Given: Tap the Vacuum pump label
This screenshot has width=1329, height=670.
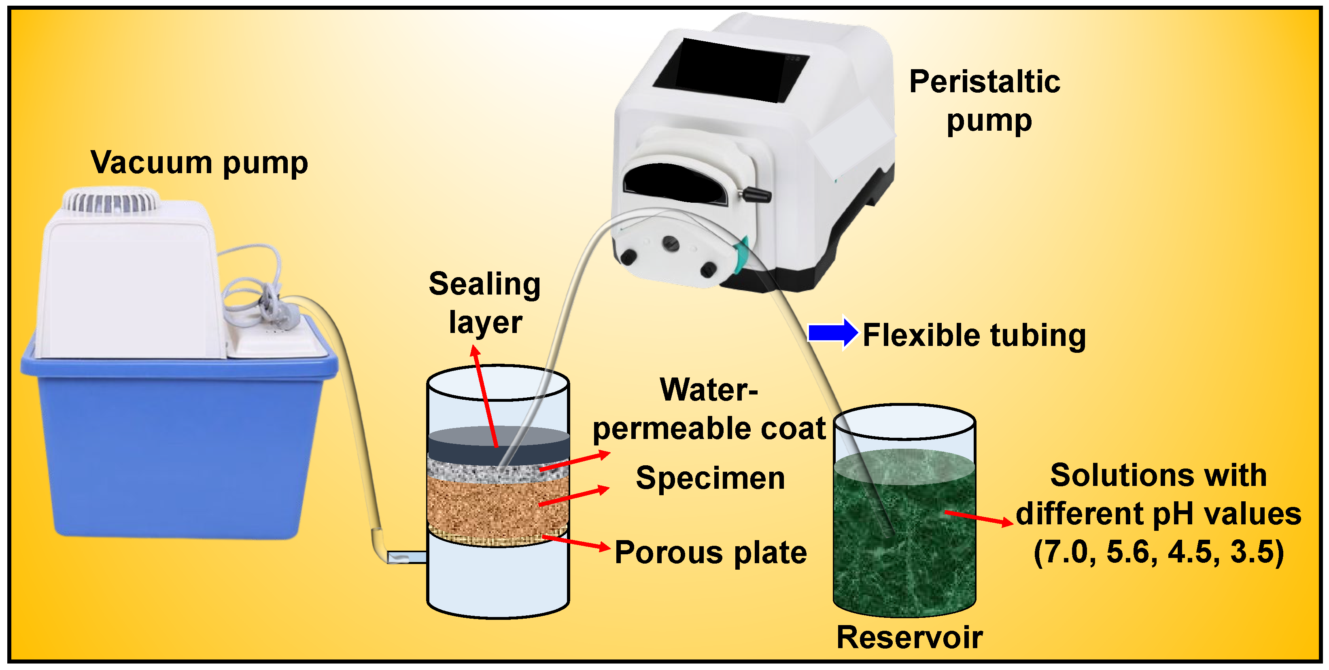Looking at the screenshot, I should click(x=199, y=163).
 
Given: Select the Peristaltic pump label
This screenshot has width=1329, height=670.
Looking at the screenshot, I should click(x=984, y=101).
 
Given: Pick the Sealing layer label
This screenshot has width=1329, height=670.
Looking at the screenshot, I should click(x=485, y=303).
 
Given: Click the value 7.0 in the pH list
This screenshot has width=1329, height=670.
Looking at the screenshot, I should click(x=1066, y=552).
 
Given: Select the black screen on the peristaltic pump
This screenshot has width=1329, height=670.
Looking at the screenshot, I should click(x=730, y=70).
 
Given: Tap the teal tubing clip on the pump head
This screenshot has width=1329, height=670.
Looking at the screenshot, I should click(x=742, y=255).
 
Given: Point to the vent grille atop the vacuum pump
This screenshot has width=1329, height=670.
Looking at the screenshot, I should click(x=110, y=201).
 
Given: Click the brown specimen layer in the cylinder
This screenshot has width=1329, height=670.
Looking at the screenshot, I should click(x=498, y=505).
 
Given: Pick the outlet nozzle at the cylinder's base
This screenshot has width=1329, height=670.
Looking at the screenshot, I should click(x=407, y=557).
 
